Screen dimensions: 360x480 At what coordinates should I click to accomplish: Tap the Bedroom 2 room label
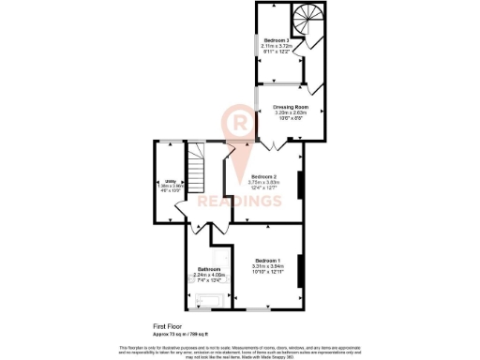262,176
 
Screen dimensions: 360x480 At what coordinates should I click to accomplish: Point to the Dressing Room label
292,108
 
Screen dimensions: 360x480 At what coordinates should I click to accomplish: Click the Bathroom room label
208,269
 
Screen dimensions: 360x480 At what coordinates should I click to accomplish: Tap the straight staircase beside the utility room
196,173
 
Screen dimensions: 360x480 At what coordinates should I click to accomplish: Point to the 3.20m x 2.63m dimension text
292,113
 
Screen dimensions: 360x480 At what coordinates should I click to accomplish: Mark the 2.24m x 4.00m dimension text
209,275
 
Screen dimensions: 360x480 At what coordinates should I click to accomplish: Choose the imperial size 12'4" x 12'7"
262,187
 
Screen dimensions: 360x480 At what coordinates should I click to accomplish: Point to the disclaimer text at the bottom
240,349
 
